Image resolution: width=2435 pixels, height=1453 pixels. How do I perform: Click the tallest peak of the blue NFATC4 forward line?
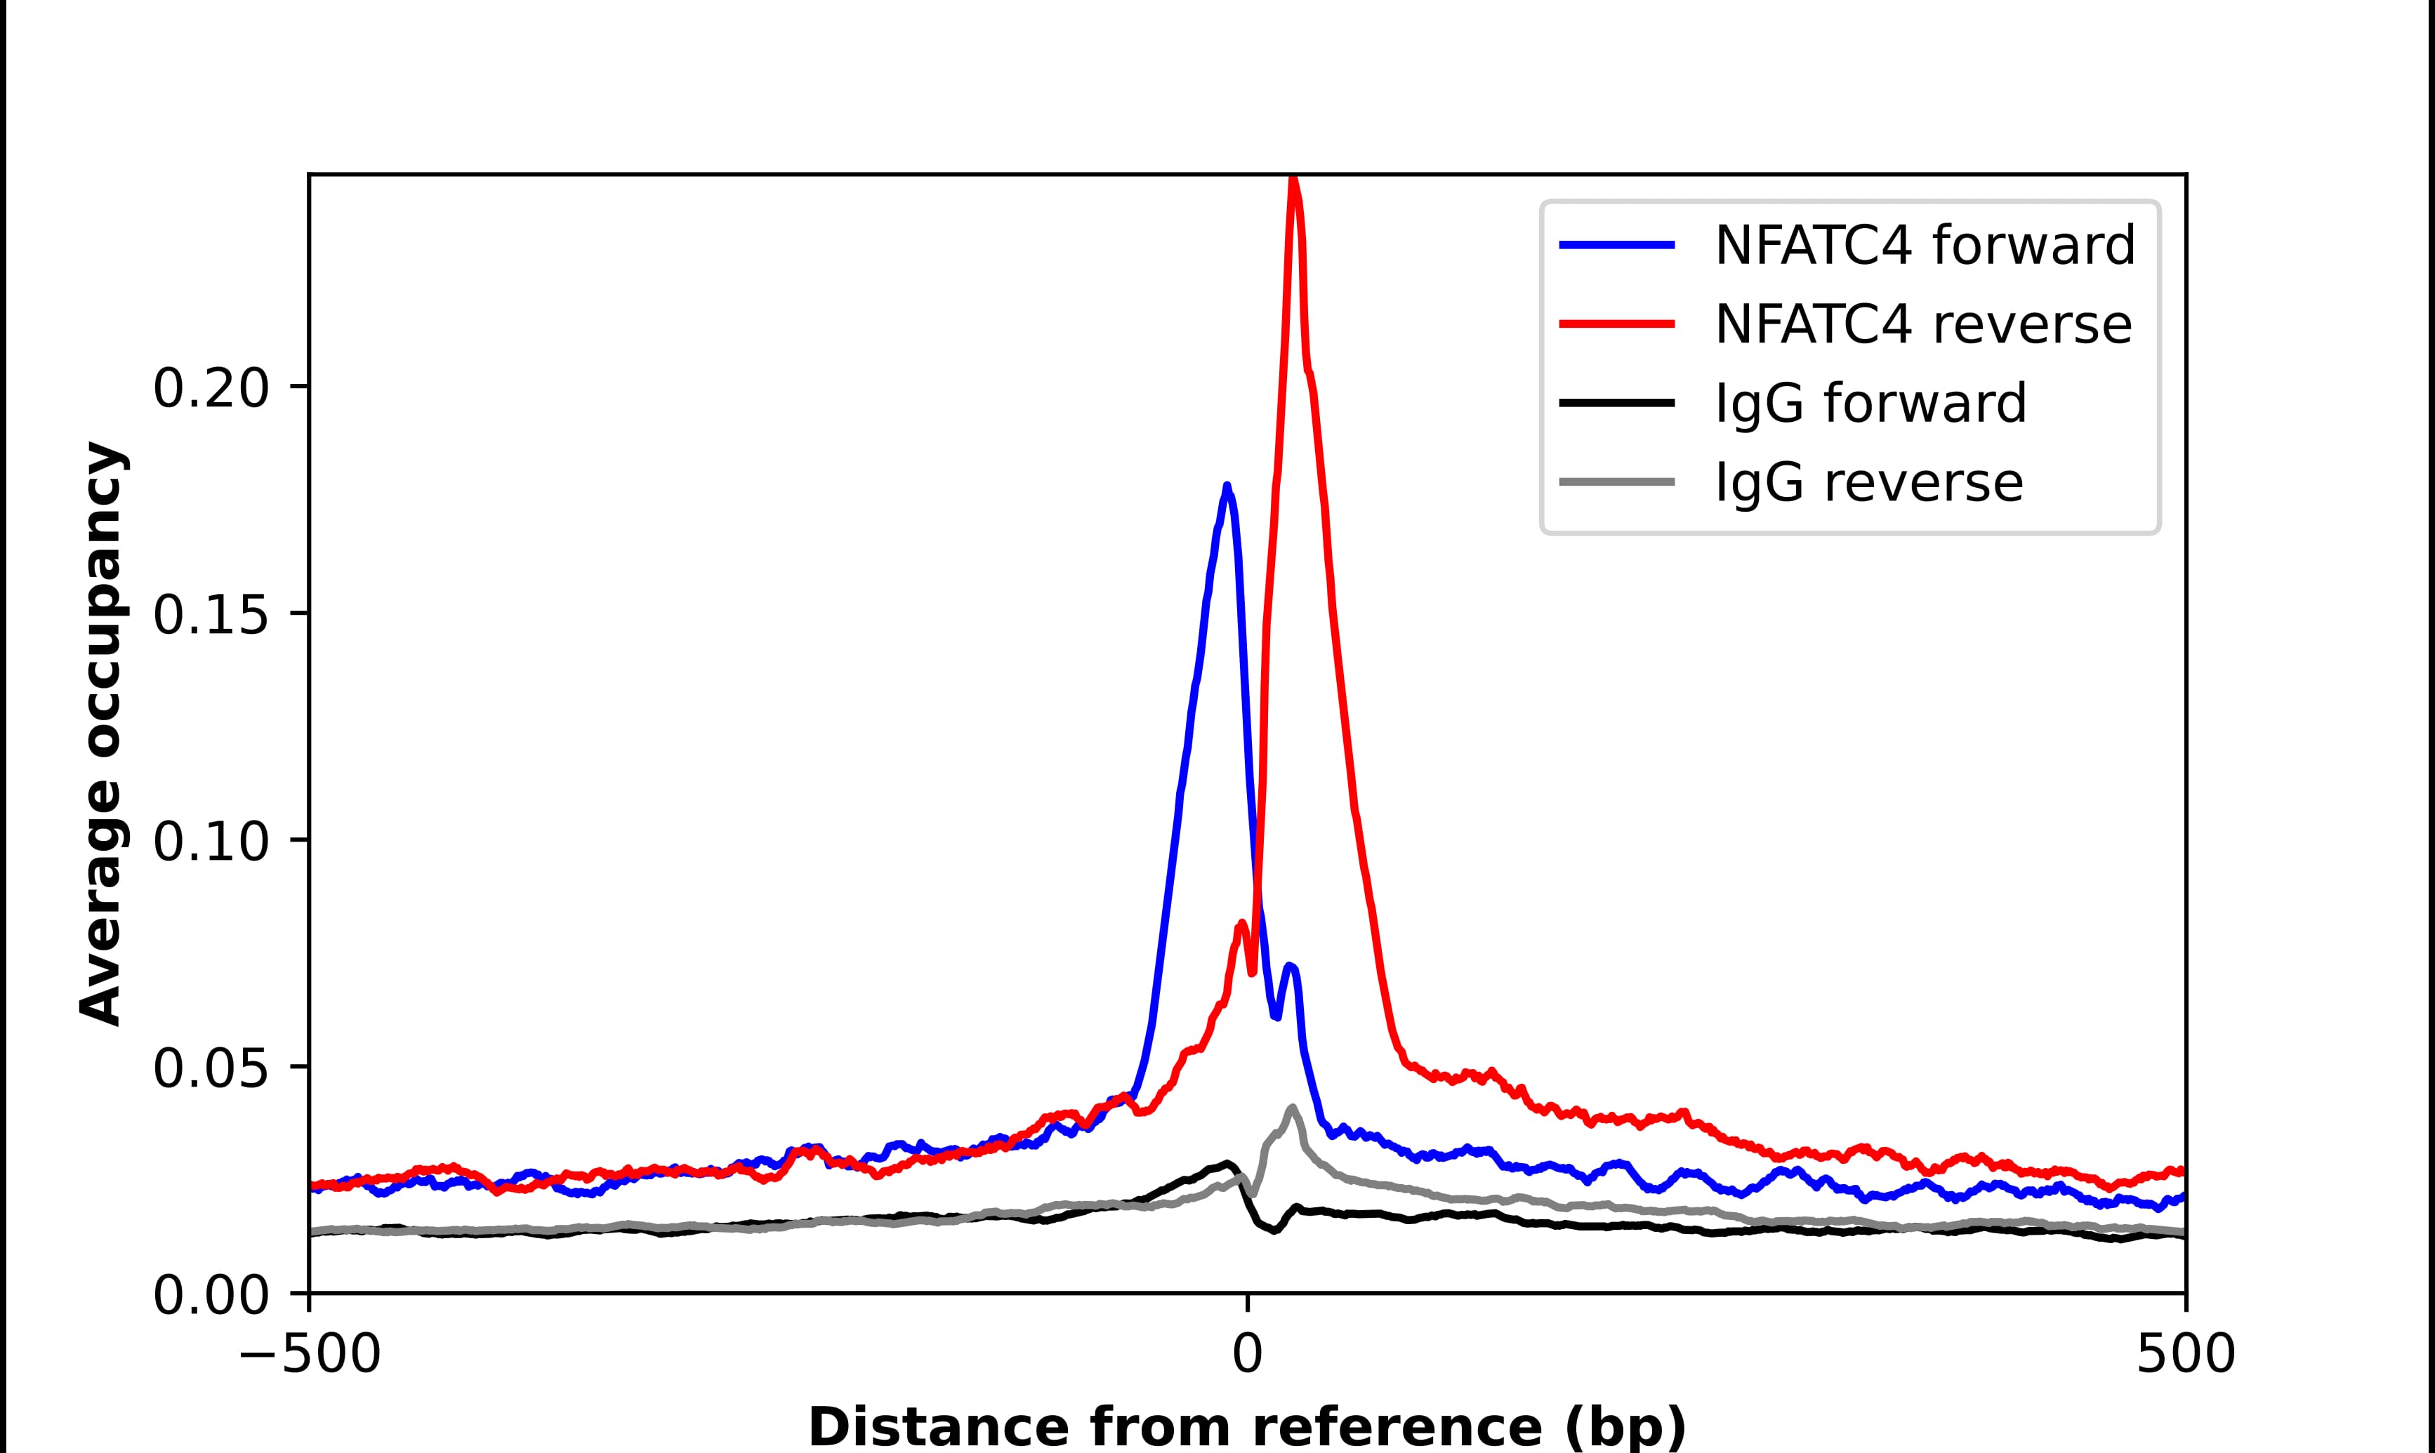pyautogui.click(x=1226, y=486)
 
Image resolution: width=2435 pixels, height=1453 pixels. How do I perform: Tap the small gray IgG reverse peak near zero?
pyautogui.click(x=1293, y=1108)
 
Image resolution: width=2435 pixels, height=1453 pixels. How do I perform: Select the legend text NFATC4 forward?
pyautogui.click(x=1924, y=245)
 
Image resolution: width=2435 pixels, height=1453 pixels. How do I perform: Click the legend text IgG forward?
pyautogui.click(x=1870, y=404)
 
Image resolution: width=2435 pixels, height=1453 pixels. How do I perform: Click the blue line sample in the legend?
pyautogui.click(x=1616, y=245)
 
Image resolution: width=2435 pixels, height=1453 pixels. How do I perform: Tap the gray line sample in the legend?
pyautogui.click(x=1616, y=482)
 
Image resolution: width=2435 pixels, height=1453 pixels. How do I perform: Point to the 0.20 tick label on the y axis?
pyautogui.click(x=211, y=389)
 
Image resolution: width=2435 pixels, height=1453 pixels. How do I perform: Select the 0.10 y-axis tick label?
pyautogui.click(x=211, y=842)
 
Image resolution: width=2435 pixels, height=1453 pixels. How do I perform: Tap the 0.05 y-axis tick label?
pyautogui.click(x=211, y=1069)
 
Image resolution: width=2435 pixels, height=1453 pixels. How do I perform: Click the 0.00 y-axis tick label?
pyautogui.click(x=211, y=1296)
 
